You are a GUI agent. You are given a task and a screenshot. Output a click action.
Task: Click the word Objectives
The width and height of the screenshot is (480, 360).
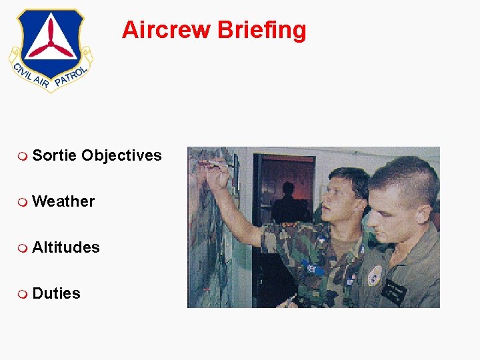(121, 156)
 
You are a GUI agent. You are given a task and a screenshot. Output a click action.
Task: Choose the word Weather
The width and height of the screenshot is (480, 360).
(63, 201)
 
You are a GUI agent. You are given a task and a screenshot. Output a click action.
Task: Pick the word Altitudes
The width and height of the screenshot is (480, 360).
(66, 247)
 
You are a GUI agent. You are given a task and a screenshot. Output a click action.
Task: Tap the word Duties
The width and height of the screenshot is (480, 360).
(56, 293)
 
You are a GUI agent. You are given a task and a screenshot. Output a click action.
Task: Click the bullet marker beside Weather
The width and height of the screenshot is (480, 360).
(23, 202)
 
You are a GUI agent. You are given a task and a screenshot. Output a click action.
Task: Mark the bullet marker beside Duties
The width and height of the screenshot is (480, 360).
(23, 294)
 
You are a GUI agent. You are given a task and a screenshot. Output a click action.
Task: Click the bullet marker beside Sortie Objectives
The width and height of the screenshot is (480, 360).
(23, 156)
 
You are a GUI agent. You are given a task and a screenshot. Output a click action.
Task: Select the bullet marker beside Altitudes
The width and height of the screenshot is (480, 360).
(23, 248)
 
